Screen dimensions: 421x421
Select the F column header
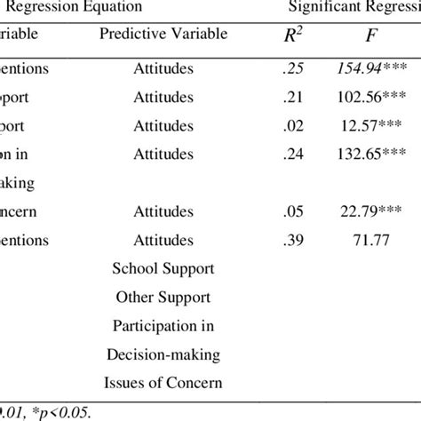(x=366, y=36)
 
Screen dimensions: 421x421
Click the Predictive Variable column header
(x=163, y=34)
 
